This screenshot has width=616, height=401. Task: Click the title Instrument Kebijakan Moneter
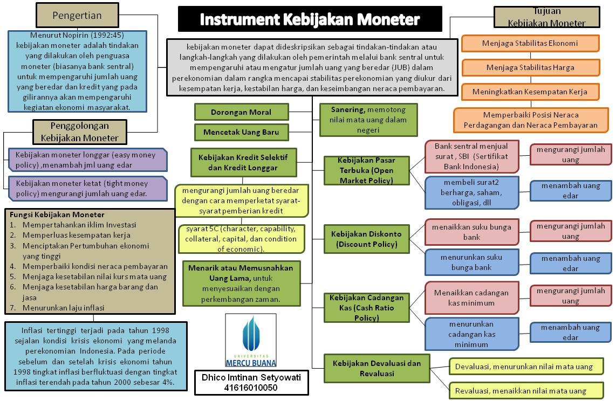(x=310, y=20)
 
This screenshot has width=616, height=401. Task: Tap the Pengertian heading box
(x=77, y=15)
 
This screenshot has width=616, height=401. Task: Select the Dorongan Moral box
(x=241, y=112)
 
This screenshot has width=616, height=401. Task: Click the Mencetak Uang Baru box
(x=241, y=132)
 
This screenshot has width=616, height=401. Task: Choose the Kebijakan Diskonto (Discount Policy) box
(x=366, y=239)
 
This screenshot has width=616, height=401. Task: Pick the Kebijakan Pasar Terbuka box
(x=366, y=170)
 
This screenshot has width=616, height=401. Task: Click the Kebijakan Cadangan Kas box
(x=366, y=308)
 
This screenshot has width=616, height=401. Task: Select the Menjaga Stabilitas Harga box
(x=530, y=67)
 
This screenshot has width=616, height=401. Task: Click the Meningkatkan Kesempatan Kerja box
(x=530, y=92)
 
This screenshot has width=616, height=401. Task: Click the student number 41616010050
(x=251, y=388)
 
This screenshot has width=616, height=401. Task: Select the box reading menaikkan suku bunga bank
(x=471, y=232)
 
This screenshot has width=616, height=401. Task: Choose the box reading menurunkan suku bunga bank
(x=471, y=262)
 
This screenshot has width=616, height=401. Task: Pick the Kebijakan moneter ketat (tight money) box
(x=88, y=188)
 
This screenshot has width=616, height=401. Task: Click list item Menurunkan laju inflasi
(x=63, y=308)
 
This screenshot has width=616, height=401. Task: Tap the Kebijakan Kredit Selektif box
(x=243, y=162)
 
